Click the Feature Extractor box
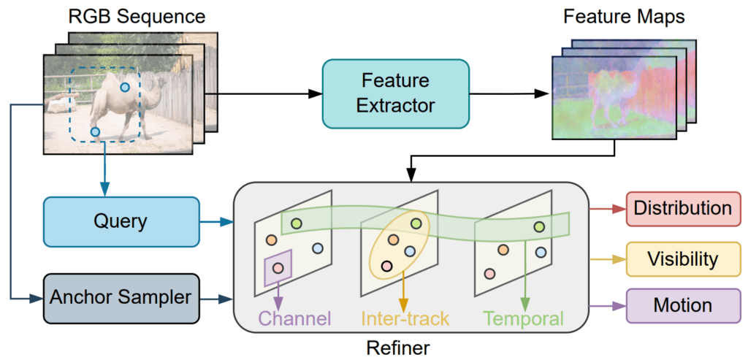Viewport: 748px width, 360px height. click(x=395, y=93)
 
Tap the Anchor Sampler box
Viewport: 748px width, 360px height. click(x=121, y=297)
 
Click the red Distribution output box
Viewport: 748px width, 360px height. click(x=682, y=207)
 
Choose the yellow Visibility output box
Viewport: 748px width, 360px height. click(x=682, y=258)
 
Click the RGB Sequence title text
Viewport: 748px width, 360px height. click(x=137, y=15)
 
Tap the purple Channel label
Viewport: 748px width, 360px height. click(x=295, y=318)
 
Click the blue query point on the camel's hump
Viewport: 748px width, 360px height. click(x=125, y=88)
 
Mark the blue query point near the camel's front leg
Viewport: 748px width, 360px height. click(x=95, y=131)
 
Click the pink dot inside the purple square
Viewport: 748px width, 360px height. click(x=278, y=268)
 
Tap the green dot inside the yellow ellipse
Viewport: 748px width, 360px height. click(x=416, y=223)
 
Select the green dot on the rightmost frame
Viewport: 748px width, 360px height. click(x=539, y=227)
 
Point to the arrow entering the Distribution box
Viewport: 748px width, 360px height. click(x=607, y=208)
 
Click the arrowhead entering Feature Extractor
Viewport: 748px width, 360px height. click(x=316, y=93)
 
